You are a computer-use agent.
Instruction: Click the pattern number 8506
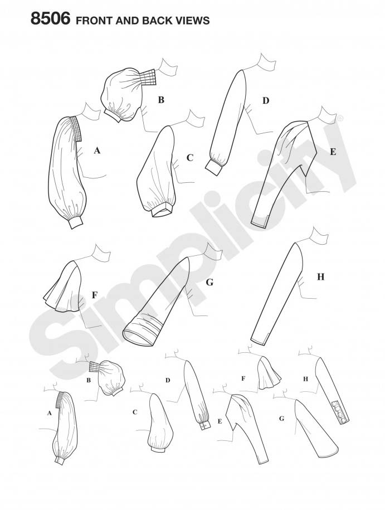[50, 18]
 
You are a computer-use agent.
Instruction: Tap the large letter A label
[96, 150]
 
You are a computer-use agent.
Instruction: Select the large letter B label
[161, 100]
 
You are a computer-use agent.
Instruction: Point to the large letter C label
[190, 158]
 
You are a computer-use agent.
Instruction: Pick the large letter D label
[266, 101]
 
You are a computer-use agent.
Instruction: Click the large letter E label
[333, 152]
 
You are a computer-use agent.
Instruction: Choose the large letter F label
[95, 295]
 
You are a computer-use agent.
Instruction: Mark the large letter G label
[209, 283]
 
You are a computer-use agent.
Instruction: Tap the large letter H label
[320, 277]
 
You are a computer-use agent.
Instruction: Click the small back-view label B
[89, 380]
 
